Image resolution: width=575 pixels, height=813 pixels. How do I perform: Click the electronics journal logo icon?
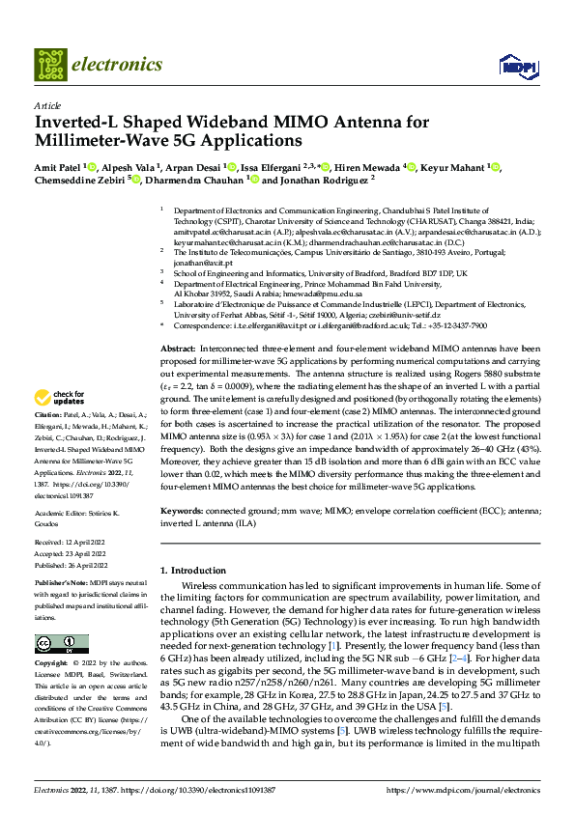click(49, 66)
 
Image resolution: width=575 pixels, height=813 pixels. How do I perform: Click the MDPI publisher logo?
click(513, 66)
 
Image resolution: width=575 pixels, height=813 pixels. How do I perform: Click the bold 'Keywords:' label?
click(182, 509)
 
